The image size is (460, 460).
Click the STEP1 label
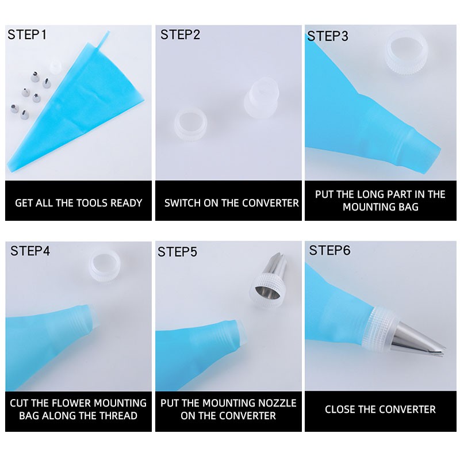27,34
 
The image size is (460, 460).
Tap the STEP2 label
180,34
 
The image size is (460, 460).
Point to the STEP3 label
328,36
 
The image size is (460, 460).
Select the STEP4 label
30,251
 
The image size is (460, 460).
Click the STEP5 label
178,252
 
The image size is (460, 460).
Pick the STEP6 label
329,251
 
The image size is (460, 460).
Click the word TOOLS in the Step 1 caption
89,203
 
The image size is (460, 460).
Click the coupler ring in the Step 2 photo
191,125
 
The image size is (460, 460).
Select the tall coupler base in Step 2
261,98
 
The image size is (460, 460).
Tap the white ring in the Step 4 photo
105,267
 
